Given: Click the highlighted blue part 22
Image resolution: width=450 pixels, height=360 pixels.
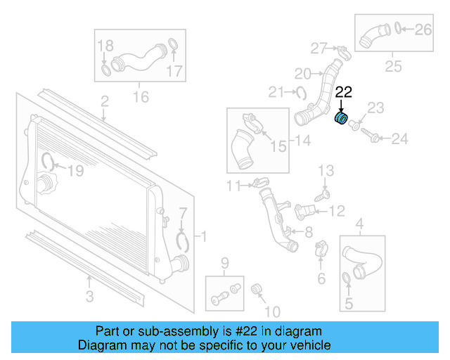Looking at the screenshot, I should (341, 118).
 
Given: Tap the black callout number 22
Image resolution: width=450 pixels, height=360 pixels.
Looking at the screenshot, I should (344, 91).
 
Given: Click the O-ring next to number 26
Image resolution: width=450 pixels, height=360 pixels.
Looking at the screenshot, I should (399, 29).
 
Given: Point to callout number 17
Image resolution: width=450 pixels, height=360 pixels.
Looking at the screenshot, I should (174, 70).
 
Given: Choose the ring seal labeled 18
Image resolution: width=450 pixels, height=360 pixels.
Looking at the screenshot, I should (105, 70).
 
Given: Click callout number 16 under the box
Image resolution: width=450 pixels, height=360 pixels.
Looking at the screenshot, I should (141, 95).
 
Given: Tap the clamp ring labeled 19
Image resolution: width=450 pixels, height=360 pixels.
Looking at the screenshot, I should (49, 162).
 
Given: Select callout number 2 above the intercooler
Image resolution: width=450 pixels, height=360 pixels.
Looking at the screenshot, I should (104, 102).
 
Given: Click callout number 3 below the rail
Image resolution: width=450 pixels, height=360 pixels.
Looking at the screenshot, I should (89, 297).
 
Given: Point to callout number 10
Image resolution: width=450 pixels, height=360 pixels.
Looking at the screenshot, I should (273, 311).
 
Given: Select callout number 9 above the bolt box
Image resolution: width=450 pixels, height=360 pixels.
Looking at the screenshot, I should (226, 264).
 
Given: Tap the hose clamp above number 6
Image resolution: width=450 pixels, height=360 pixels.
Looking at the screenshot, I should (320, 247).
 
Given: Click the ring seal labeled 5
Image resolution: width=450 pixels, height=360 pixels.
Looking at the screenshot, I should (347, 281).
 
